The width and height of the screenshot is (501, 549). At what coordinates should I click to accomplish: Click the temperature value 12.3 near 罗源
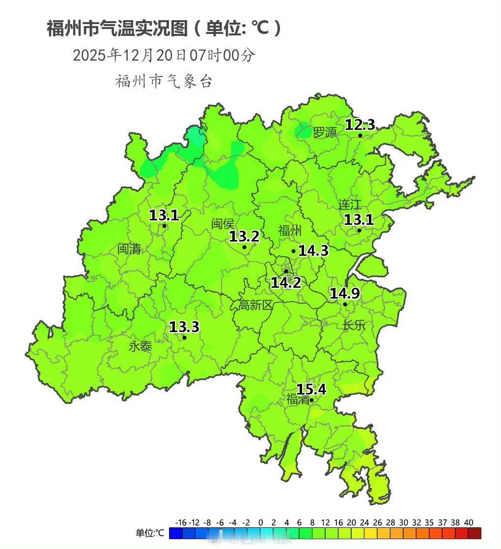tap(360, 125)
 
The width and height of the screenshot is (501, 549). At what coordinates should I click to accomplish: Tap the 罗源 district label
tap(325, 132)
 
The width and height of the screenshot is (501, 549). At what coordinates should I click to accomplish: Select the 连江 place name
tap(350, 205)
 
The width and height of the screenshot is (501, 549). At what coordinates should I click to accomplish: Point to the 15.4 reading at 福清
tap(311, 390)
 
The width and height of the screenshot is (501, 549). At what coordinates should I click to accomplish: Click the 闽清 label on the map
tap(129, 249)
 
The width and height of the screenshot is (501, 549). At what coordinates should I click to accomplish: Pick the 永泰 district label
tap(140, 346)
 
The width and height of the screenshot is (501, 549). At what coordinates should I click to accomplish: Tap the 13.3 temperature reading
tap(184, 327)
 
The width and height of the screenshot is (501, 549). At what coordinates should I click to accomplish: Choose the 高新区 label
tap(255, 305)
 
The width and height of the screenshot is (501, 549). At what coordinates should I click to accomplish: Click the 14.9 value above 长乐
tap(344, 294)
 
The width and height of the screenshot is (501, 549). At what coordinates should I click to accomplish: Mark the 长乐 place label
tap(354, 325)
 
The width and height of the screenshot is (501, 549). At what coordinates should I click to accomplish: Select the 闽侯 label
tap(223, 224)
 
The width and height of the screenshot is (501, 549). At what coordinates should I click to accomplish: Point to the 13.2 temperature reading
tap(244, 237)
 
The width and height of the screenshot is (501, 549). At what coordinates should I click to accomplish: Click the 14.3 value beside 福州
tap(313, 251)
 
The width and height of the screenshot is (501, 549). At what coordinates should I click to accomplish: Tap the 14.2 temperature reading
tap(286, 282)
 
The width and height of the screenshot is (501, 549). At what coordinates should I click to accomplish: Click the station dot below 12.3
tap(360, 136)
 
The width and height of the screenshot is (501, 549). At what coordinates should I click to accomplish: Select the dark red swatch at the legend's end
tap(474, 533)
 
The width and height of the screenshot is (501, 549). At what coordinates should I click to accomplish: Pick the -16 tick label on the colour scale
tap(180, 522)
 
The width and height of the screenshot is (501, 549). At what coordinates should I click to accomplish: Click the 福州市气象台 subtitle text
tap(164, 81)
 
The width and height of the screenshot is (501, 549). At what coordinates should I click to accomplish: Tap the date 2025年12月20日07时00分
tap(164, 55)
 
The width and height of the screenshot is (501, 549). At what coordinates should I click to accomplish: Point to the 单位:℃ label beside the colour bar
tap(150, 533)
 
